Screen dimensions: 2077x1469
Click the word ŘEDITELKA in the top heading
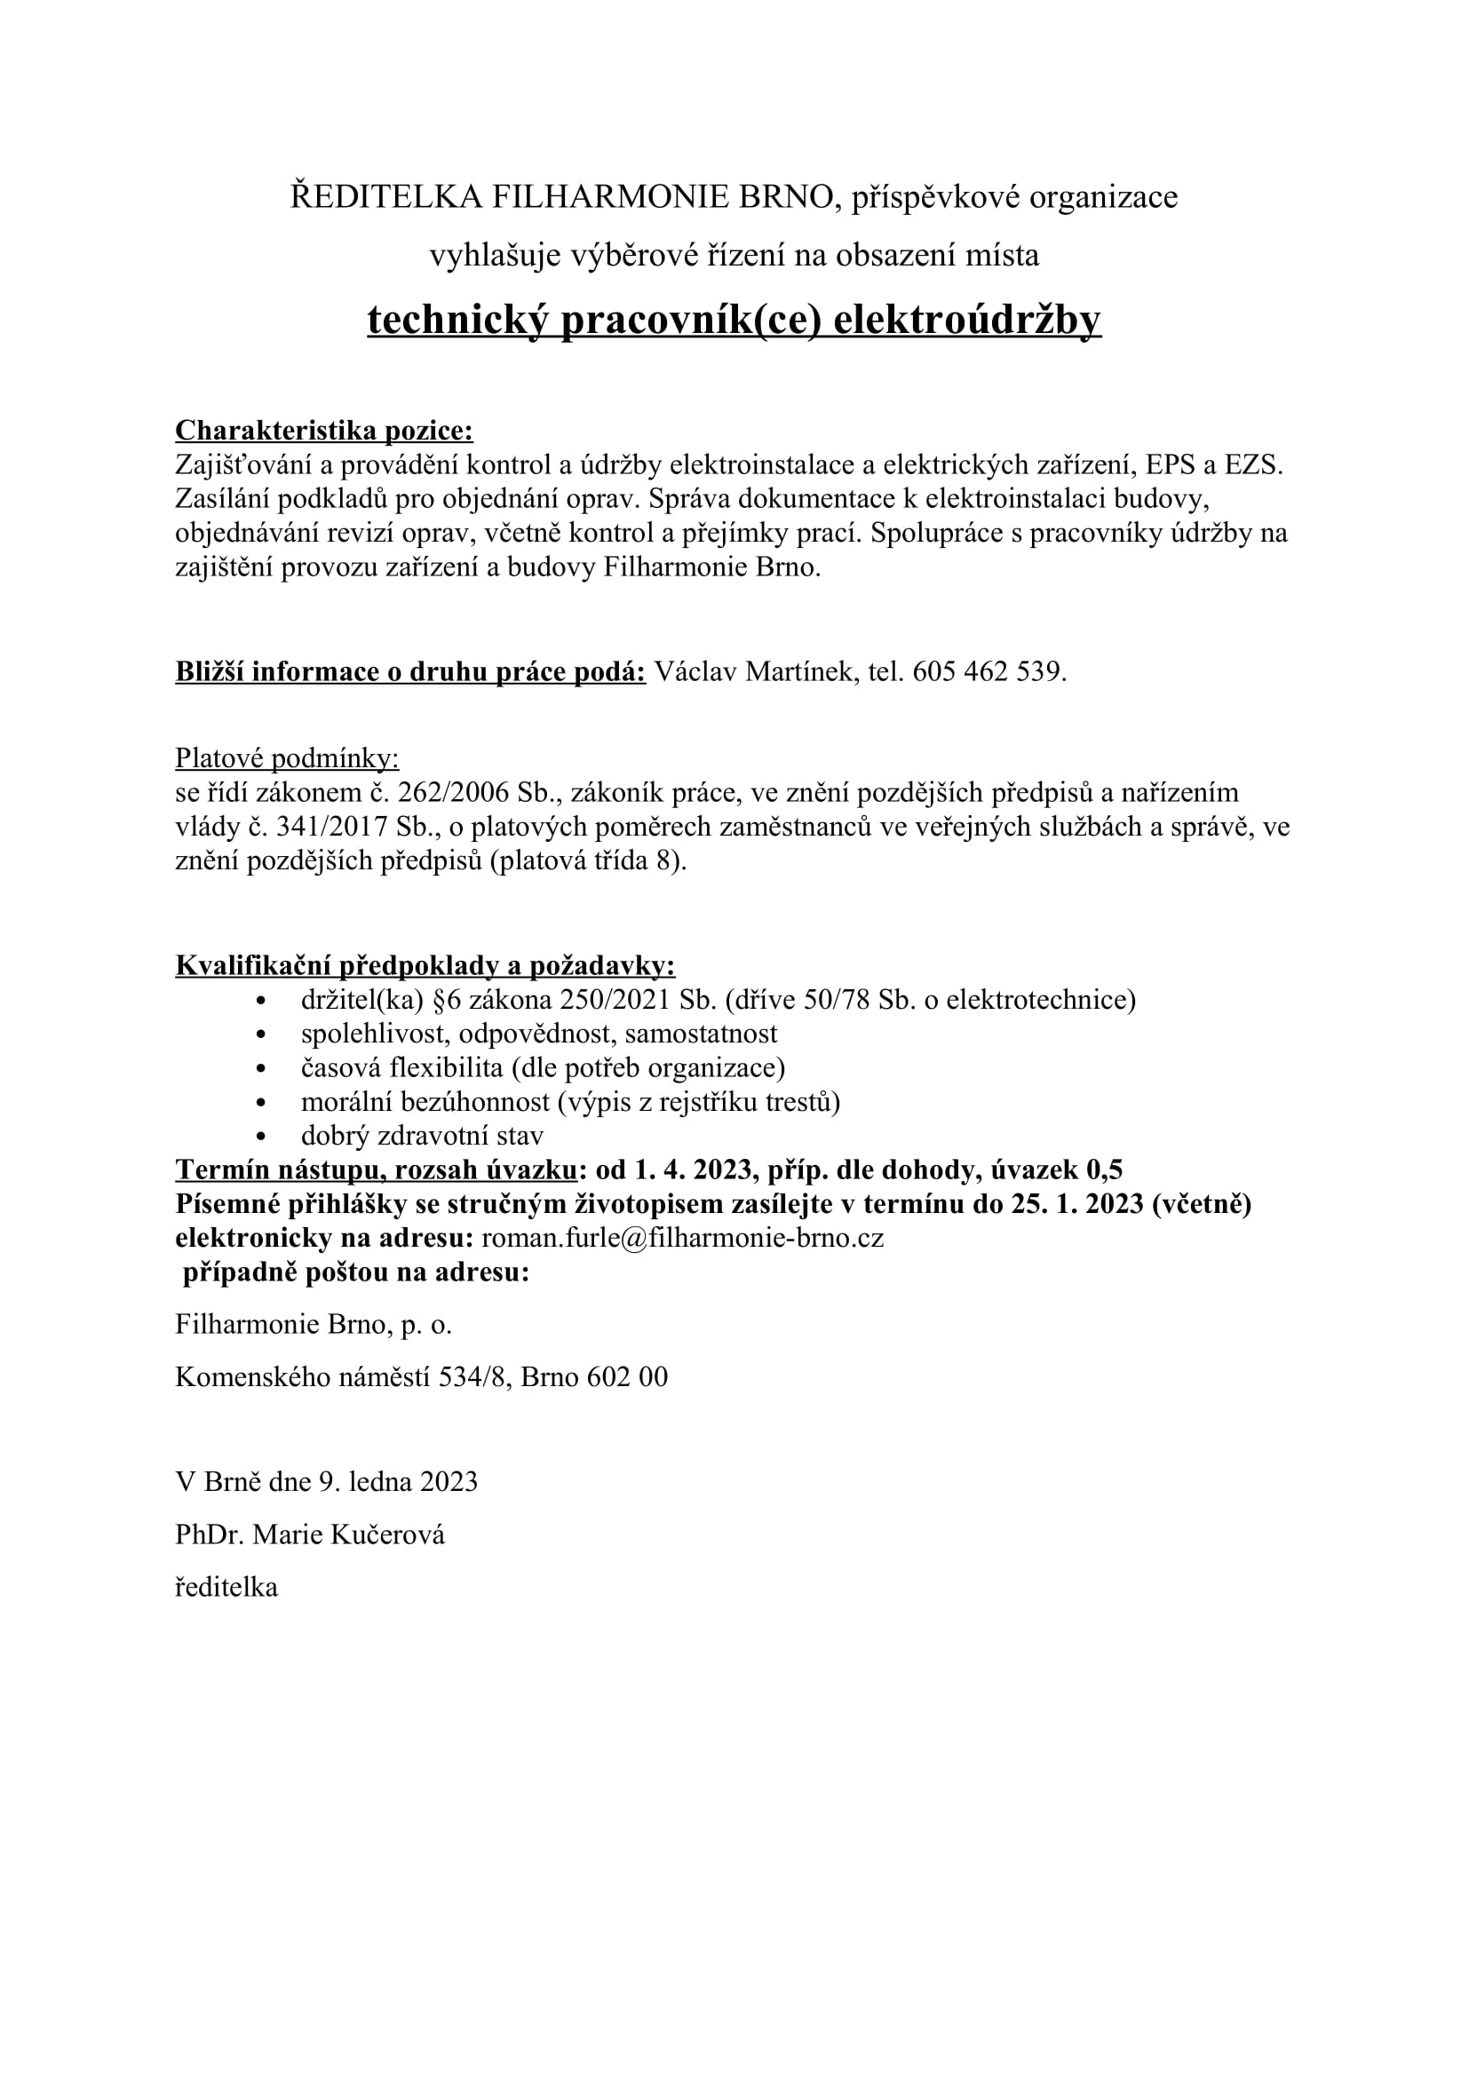386,197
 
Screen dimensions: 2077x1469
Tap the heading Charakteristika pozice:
324,431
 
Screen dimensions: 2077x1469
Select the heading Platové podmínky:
287,758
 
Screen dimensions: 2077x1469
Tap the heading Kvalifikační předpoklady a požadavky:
425,966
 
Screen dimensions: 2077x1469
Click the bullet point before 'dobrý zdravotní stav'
262,1138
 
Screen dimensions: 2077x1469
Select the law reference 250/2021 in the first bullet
617,1000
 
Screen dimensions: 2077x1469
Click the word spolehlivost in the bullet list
376,1034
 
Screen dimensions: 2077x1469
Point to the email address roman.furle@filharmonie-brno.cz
682,1239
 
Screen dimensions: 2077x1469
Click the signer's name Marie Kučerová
348,1535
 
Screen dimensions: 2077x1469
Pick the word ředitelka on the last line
226,1588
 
